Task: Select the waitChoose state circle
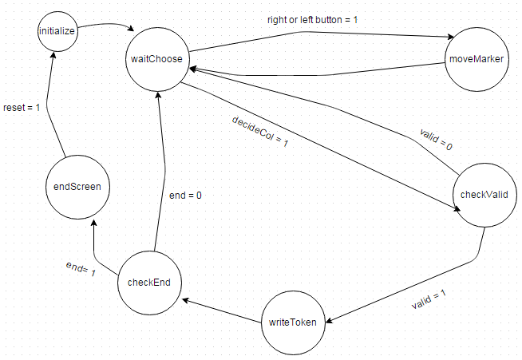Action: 157,59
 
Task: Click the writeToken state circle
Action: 293,322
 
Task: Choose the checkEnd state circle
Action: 149,282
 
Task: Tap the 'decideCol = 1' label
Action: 259,132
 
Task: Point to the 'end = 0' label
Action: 185,194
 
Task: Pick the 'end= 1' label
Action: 80,269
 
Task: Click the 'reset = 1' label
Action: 22,106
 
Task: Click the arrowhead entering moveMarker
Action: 451,38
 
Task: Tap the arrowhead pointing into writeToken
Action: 327,320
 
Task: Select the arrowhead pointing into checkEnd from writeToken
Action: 185,301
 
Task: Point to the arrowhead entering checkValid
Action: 457,211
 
